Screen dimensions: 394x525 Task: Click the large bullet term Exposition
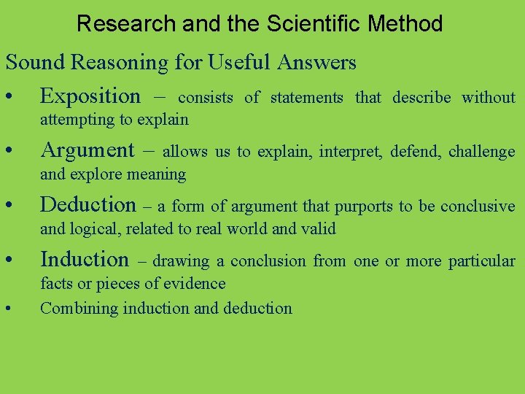pos(90,96)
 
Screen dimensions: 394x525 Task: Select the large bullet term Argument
pos(87,150)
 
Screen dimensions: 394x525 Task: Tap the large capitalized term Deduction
pos(88,205)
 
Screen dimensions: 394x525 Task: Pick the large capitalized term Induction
pos(85,259)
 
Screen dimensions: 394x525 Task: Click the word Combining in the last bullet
pos(79,309)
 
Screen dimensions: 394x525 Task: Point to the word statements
pos(306,97)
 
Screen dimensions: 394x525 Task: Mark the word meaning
pos(155,174)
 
